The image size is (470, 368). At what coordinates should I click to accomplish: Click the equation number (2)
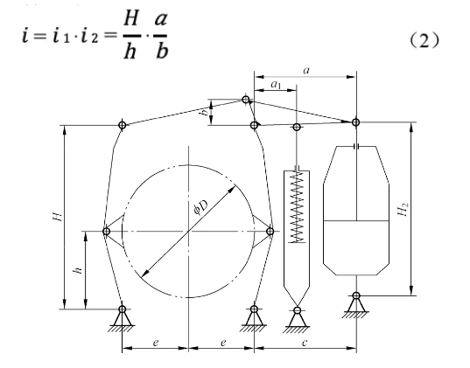point(424,40)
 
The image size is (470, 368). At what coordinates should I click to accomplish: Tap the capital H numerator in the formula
point(131,19)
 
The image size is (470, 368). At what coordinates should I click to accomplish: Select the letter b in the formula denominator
point(162,52)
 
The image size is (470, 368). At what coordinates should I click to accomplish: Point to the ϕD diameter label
point(200,207)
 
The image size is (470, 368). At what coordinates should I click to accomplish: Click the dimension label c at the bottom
point(305,342)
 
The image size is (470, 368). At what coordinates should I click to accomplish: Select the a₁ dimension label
point(276,85)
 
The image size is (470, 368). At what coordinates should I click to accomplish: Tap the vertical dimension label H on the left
point(58,216)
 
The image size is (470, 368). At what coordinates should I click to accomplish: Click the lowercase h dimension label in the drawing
point(78,270)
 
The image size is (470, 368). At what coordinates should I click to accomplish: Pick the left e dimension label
point(155,343)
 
